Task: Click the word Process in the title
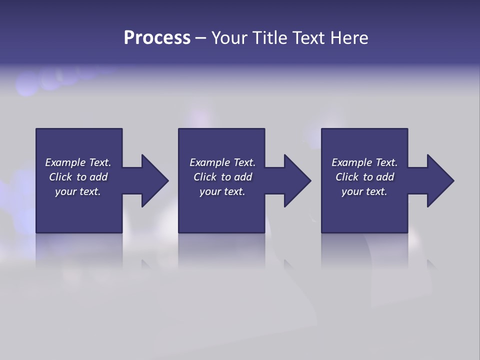(x=157, y=38)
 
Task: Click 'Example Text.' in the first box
(x=78, y=162)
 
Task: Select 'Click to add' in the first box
(x=78, y=177)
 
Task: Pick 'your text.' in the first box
(x=78, y=191)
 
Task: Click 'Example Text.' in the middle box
(x=222, y=162)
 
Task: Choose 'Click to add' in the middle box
(x=222, y=177)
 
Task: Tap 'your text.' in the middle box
(x=222, y=191)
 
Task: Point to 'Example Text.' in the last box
(x=364, y=162)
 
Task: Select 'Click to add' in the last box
(x=364, y=177)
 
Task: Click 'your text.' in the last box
(x=364, y=191)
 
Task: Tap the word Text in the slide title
(x=309, y=38)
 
